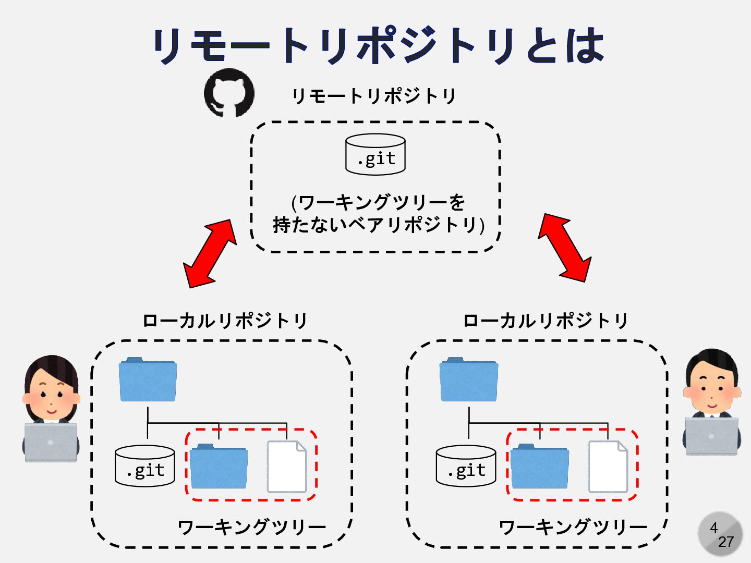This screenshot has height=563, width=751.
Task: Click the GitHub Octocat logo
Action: (229, 93)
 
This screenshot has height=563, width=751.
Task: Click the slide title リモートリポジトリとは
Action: (378, 46)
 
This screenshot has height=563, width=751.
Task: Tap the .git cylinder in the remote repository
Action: (375, 155)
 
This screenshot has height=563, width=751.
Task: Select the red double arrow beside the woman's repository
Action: (210, 253)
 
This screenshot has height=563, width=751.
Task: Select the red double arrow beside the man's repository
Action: (565, 248)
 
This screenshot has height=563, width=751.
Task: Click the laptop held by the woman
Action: (51, 442)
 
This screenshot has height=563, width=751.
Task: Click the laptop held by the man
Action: (711, 436)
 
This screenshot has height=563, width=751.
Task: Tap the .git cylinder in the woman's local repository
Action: (145, 466)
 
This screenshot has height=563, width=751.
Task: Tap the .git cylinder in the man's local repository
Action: (466, 466)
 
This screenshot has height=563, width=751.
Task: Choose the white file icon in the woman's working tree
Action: (286, 467)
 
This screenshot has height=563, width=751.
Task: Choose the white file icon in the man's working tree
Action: (608, 467)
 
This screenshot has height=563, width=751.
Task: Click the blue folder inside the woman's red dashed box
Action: (219, 467)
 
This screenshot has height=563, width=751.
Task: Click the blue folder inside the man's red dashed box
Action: (540, 467)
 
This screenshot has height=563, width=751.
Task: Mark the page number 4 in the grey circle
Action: (714, 528)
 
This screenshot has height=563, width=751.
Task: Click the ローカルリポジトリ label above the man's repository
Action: (546, 321)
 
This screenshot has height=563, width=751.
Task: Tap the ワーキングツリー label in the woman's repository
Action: (252, 527)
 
